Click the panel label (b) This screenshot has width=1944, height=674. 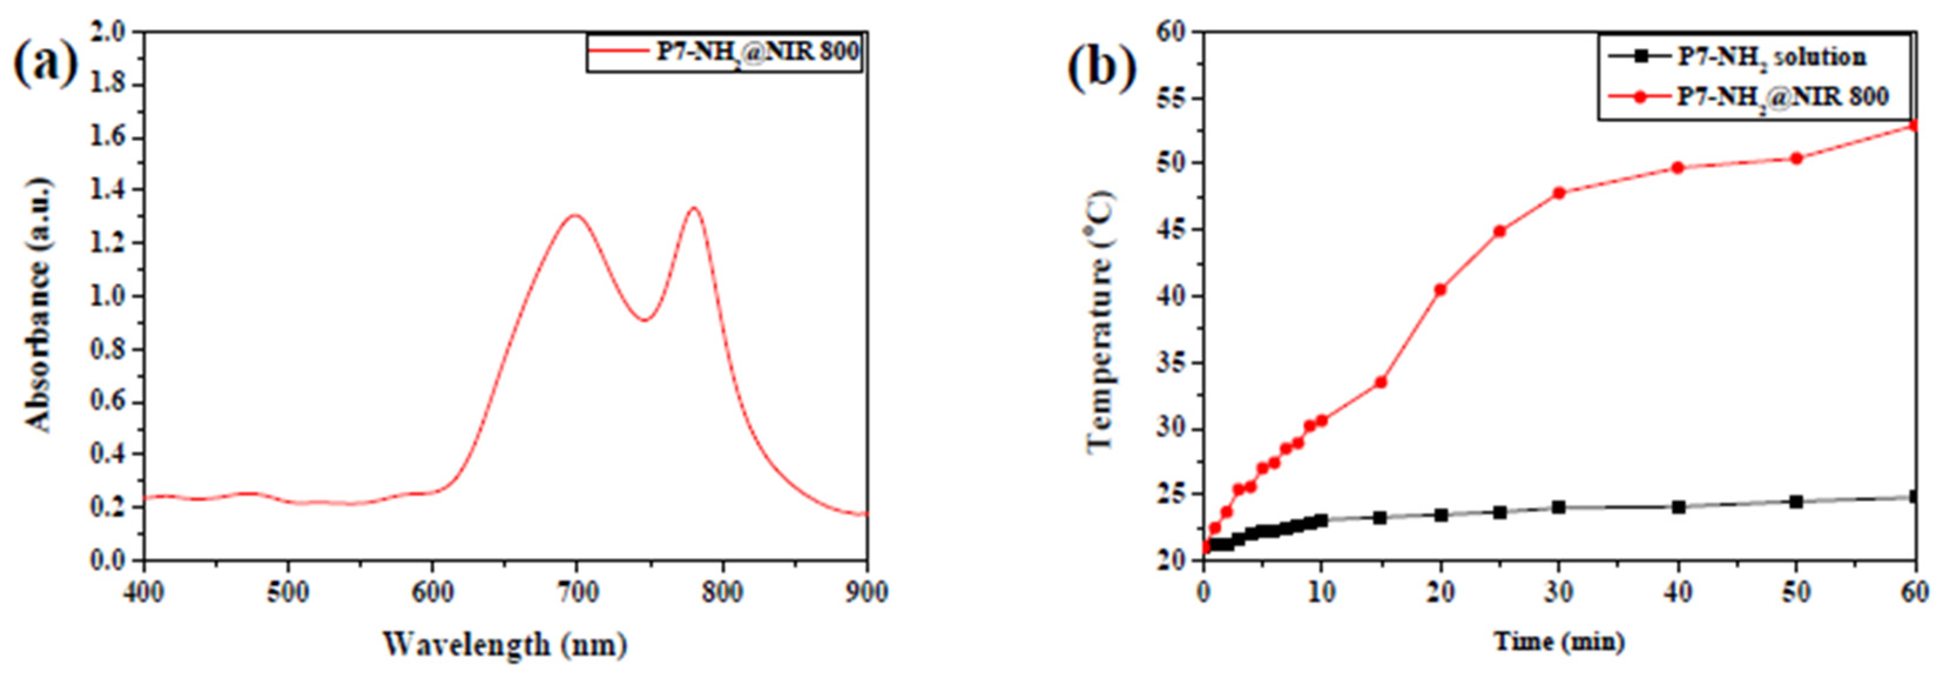[x=1102, y=66]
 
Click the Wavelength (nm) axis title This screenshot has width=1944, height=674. [x=504, y=645]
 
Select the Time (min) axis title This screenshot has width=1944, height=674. [x=1558, y=642]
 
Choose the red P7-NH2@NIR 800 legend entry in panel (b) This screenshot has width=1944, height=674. [x=1743, y=97]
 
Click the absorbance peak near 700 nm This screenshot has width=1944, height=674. [x=576, y=216]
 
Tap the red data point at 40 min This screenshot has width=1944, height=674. [x=1678, y=167]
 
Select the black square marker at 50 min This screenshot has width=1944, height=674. [x=1796, y=502]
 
